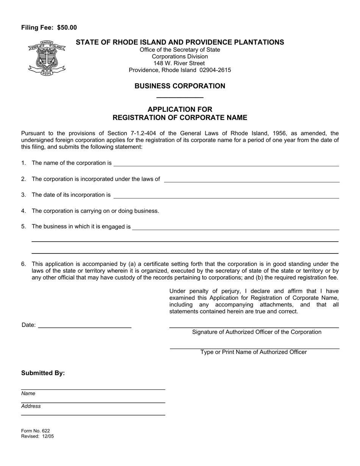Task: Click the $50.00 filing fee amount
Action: tap(67, 27)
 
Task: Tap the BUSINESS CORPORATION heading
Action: tap(180, 86)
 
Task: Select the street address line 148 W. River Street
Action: tap(180, 63)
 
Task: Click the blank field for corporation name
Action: tap(226, 163)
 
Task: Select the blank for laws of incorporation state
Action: tap(251, 179)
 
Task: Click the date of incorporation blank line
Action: tap(226, 195)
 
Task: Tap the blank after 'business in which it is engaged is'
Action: tap(235, 227)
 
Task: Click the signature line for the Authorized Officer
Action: tap(254, 325)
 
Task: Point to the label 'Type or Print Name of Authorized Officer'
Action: tap(254, 352)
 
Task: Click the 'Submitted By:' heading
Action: tap(43, 373)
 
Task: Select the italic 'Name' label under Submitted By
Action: tap(28, 393)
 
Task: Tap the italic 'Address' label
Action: tap(31, 406)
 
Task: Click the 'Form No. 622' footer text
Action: tap(36, 431)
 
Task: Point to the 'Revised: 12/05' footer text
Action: tap(38, 436)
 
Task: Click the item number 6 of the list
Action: tap(23, 264)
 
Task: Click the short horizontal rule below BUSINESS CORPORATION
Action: tap(180, 98)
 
